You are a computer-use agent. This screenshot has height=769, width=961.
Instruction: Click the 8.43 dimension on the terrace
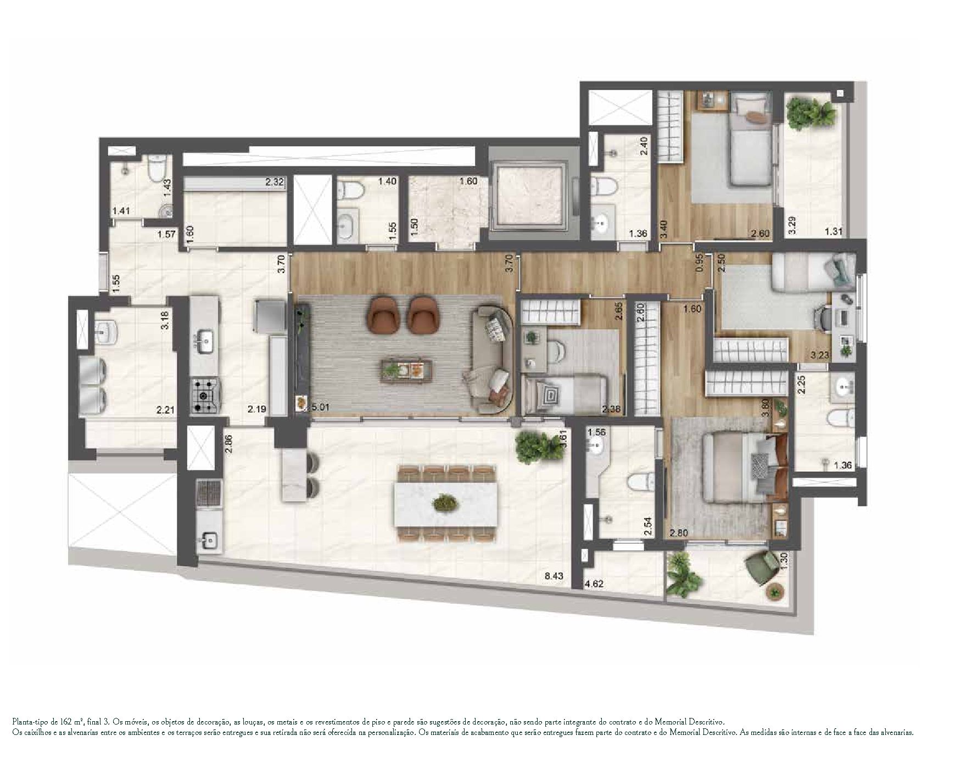pos(554,576)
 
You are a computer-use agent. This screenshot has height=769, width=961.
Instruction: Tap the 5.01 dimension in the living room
pos(320,408)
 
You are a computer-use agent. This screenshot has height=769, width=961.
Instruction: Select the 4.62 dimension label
pos(594,584)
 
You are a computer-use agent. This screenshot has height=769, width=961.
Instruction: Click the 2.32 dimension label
pos(275,182)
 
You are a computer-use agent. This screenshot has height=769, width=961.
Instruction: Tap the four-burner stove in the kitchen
pos(205,395)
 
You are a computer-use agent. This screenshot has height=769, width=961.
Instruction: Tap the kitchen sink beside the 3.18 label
pos(205,341)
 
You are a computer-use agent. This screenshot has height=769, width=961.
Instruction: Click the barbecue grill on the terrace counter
pos(209,492)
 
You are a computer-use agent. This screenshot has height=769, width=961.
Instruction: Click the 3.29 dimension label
pos(791,225)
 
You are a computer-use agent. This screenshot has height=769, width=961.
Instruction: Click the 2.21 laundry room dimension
pos(165,410)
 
